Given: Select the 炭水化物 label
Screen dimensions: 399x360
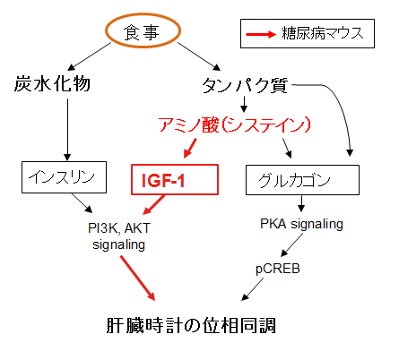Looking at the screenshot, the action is [52, 83].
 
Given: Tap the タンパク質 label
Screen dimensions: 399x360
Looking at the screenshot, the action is [245, 86].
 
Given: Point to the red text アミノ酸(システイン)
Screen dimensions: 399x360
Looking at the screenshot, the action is [235, 124].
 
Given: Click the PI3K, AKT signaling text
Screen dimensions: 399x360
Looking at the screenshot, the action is [119, 236].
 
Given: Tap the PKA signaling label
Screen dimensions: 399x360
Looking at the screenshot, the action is [301, 224].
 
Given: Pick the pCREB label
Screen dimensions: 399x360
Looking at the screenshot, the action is [278, 269].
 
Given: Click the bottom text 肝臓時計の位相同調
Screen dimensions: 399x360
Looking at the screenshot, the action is [191, 325].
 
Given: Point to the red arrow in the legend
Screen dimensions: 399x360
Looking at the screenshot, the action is [261, 34].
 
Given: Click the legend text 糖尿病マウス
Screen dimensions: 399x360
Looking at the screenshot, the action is [323, 33].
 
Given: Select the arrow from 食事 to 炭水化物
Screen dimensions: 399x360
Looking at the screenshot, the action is [90, 56].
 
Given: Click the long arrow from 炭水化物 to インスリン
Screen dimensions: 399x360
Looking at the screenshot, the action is [67, 130].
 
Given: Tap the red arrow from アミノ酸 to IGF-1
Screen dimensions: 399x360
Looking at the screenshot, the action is [190, 148].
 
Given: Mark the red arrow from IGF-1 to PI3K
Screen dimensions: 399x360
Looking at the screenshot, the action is [153, 205].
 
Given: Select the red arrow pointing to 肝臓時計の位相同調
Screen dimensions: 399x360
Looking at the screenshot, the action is [138, 278].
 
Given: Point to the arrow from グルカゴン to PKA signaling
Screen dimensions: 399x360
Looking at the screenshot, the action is [301, 204].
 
